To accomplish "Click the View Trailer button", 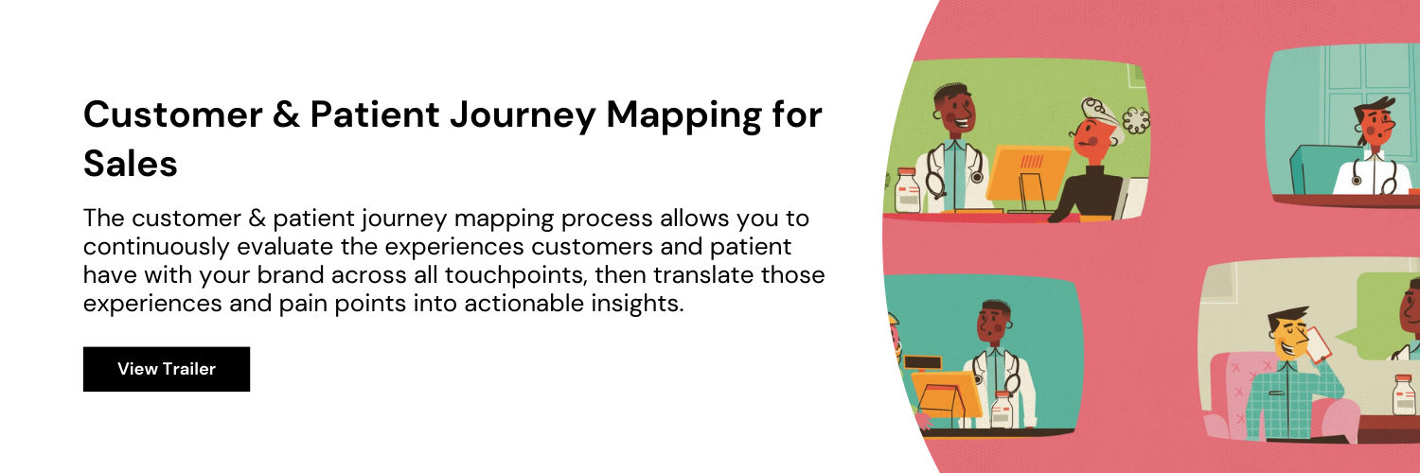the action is [166, 369].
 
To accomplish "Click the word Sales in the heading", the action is [130, 164].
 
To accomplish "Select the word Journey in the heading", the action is [523, 115].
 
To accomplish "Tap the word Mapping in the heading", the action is [684, 115].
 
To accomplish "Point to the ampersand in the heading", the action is [287, 114].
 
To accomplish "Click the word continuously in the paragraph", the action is [156, 247].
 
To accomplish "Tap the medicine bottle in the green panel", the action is [908, 190].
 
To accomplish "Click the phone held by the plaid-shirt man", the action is [1318, 345].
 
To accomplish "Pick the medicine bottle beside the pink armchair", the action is [1403, 394].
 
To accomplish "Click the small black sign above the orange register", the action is [922, 363].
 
